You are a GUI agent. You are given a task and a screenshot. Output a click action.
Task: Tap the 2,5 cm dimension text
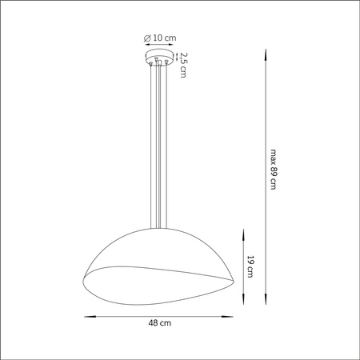point(183,65)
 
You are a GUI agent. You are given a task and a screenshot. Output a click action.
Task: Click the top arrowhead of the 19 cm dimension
point(242,231)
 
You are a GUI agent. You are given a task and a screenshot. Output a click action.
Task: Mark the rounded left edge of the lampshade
point(84,274)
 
